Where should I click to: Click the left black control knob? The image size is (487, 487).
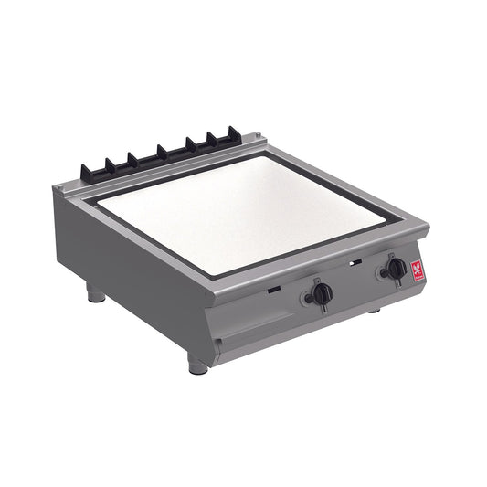(321, 293)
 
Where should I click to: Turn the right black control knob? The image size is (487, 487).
(396, 268)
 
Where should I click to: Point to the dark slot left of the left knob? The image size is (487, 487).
(274, 291)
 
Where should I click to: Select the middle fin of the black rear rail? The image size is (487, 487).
(162, 152)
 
